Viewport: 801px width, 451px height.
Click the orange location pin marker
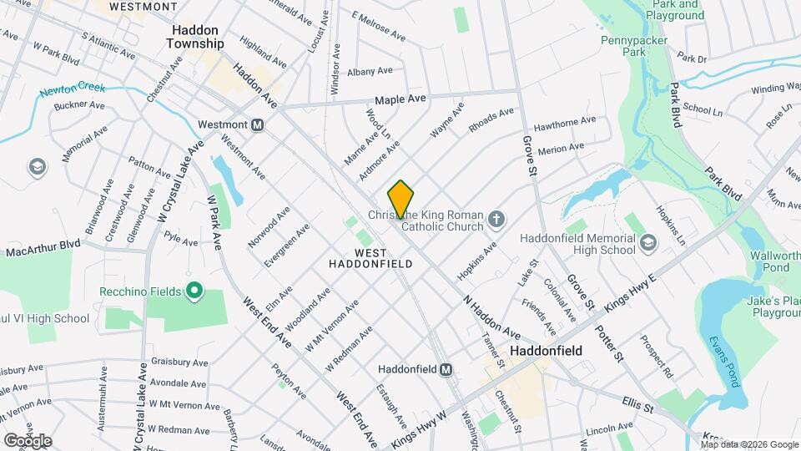pyautogui.click(x=400, y=199)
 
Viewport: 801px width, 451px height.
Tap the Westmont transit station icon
pyautogui.click(x=258, y=124)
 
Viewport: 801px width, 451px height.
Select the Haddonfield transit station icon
pyautogui.click(x=446, y=368)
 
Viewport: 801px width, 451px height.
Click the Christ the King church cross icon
pyautogui.click(x=496, y=220)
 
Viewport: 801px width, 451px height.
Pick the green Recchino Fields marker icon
pyautogui.click(x=194, y=291)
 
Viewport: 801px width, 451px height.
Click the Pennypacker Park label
pyautogui.click(x=622, y=45)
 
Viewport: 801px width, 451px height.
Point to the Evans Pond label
pyautogui.click(x=723, y=362)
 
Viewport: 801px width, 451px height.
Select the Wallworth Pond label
pyautogui.click(x=775, y=261)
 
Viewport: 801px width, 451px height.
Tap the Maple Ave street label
pyautogui.click(x=400, y=99)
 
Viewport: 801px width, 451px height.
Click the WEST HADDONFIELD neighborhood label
pyautogui.click(x=383, y=257)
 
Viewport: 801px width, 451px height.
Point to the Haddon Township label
pyautogui.click(x=198, y=36)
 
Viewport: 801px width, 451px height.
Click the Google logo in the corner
pyautogui.click(x=28, y=440)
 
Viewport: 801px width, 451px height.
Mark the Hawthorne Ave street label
pyautogui.click(x=565, y=122)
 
